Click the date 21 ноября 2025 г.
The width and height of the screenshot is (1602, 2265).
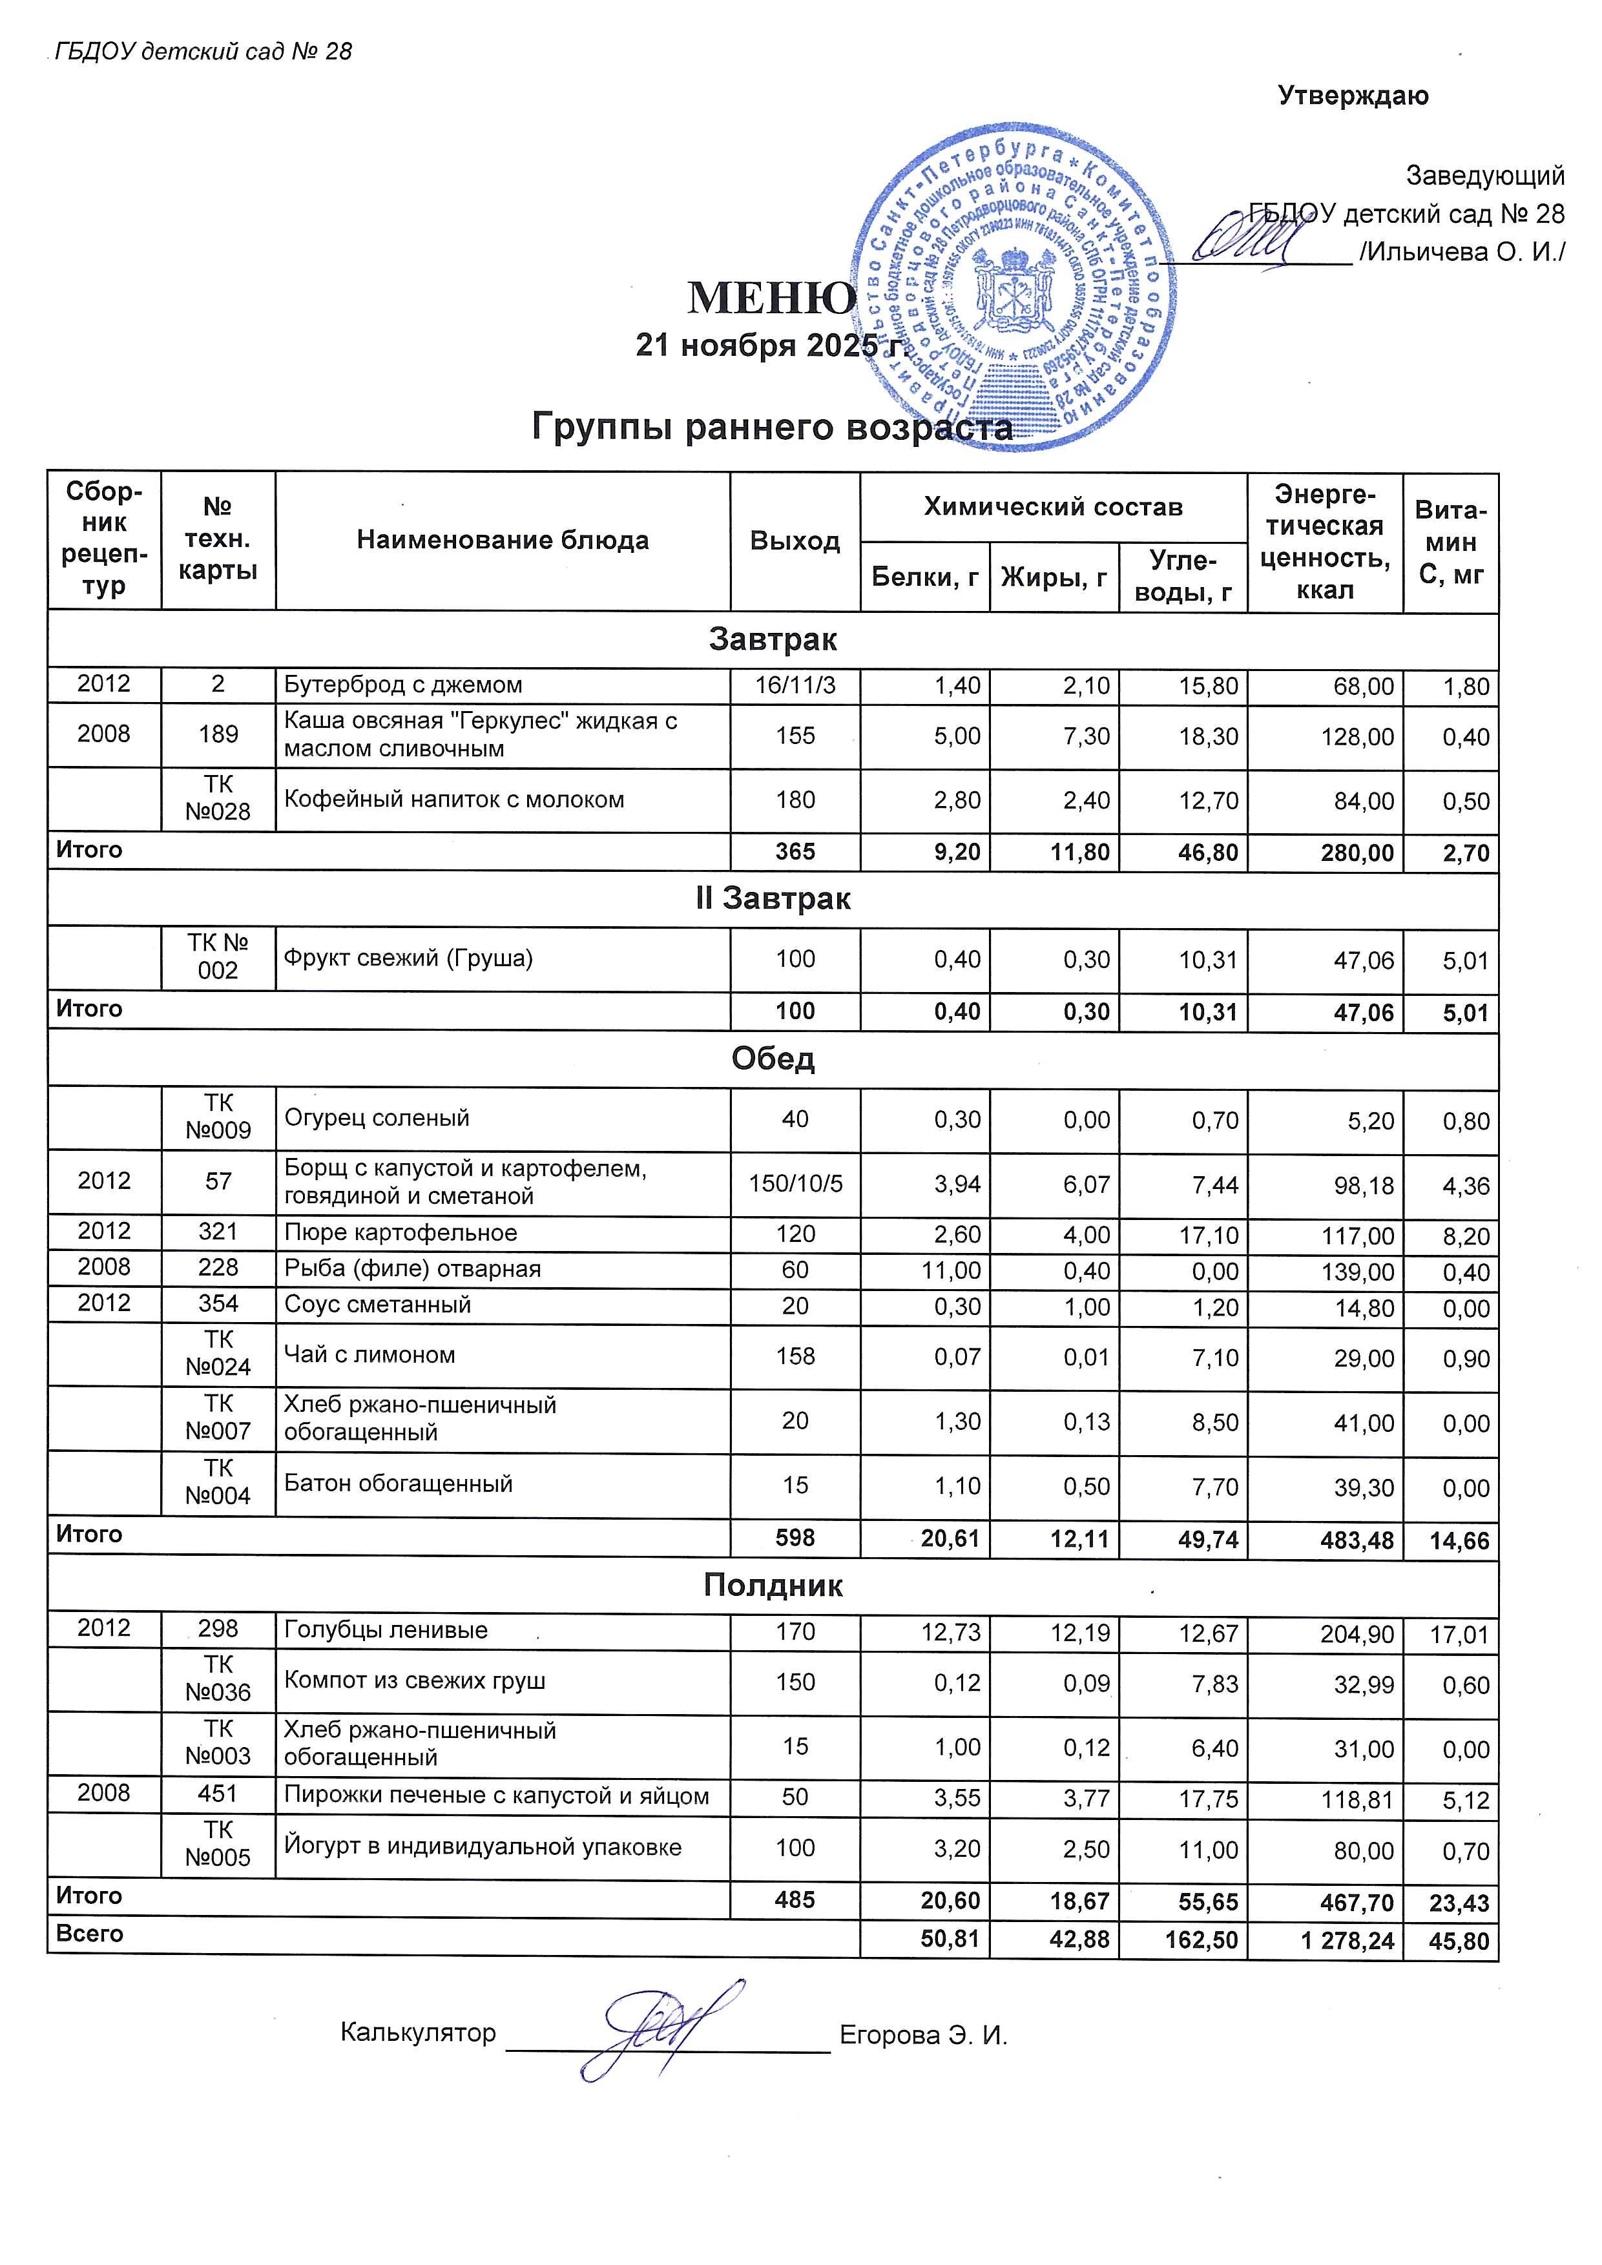(x=769, y=346)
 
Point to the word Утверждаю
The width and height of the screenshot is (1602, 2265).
(x=1353, y=96)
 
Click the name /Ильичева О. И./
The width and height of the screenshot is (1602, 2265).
(x=1461, y=253)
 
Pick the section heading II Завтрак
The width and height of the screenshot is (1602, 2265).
(x=773, y=898)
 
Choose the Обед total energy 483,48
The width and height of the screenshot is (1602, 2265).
(x=1349, y=1540)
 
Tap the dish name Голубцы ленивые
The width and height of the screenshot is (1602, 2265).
(x=386, y=1629)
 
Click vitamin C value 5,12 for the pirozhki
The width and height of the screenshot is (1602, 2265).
(x=1466, y=1801)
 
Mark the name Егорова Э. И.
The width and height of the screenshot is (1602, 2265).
(x=923, y=2035)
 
